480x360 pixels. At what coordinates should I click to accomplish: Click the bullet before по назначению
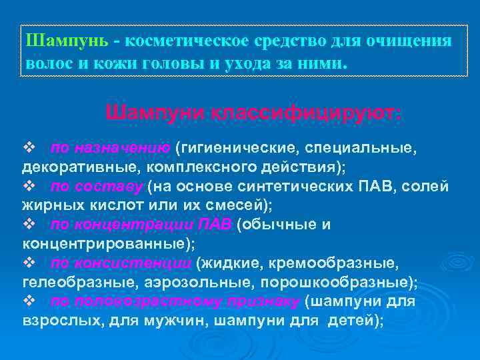[x=29, y=147]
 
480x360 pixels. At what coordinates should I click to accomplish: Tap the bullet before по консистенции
[x=29, y=263]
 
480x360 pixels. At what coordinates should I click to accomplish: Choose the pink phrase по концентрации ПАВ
[x=141, y=225]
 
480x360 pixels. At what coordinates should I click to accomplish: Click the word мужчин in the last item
[x=165, y=321]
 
